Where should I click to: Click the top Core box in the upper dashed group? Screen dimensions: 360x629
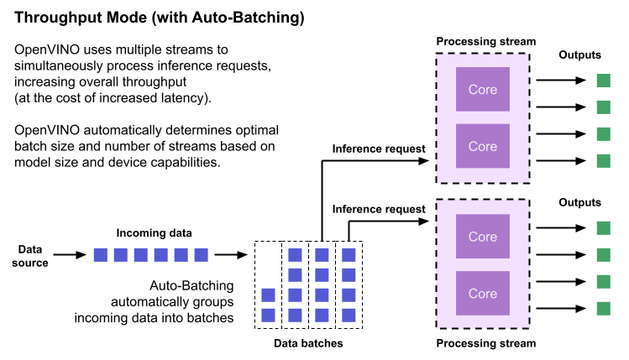(482, 89)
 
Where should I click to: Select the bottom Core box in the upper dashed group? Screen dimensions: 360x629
(482, 146)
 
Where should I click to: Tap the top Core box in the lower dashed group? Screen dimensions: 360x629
(482, 237)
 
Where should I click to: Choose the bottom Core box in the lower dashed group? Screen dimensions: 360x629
(482, 293)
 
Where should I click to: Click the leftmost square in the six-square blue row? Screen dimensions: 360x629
(100, 254)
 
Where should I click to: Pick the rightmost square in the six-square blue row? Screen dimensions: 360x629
(201, 254)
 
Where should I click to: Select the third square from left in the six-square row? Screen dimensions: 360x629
(140, 254)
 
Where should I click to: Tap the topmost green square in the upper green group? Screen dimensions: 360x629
(603, 81)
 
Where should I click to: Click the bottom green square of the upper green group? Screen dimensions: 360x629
(603, 160)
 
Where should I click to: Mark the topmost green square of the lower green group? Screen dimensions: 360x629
(603, 227)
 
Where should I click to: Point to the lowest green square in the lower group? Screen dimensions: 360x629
(603, 308)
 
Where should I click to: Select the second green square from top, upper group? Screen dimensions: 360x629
(603, 107)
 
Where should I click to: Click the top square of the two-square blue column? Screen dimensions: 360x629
(268, 295)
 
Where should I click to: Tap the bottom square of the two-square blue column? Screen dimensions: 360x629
(268, 315)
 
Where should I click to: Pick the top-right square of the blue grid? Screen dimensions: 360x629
(349, 254)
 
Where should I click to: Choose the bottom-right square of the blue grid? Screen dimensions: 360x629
(349, 315)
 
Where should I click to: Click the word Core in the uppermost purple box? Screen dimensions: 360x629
(482, 90)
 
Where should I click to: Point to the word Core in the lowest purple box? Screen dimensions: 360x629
(482, 294)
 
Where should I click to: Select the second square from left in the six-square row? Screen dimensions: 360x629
(120, 254)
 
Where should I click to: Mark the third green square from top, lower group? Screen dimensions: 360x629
(603, 281)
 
